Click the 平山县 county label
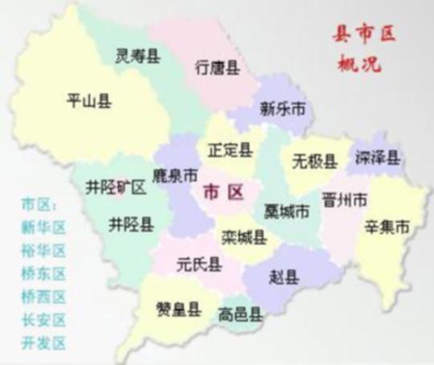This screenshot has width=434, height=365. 88,100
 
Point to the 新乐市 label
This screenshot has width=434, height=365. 282,107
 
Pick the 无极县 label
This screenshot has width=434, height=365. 315,162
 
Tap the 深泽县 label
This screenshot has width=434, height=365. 379,158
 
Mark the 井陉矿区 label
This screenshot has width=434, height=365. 116,188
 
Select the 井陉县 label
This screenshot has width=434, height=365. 132,224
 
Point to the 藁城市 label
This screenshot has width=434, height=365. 286,212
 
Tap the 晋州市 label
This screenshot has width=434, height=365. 344,198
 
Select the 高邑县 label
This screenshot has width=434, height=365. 238,314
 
